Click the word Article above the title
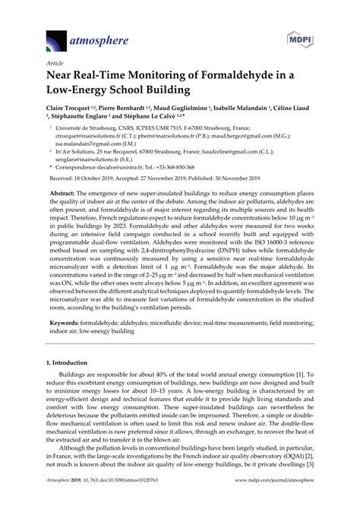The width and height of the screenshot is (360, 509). (x=56, y=65)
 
